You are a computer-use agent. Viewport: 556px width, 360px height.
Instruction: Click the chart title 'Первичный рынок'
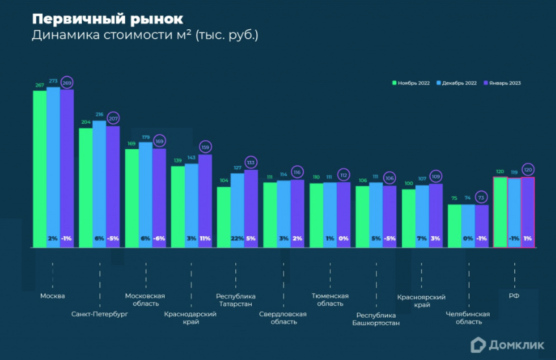(108, 18)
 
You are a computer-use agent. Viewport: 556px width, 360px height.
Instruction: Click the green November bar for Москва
(40, 169)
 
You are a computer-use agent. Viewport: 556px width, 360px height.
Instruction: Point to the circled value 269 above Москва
(67, 83)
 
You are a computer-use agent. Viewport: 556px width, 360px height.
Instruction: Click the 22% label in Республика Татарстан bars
(237, 239)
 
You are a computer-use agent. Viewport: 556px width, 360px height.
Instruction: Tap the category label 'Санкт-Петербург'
(99, 314)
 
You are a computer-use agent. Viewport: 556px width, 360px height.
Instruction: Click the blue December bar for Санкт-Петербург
(99, 182)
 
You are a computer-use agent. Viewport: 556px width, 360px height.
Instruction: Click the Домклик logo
(507, 346)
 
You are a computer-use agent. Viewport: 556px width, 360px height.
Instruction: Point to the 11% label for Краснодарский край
(205, 239)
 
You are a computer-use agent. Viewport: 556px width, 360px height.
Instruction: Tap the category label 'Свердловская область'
(283, 318)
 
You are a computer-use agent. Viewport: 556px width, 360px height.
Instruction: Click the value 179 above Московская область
(145, 137)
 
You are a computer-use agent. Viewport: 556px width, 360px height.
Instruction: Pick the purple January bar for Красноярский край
(435, 214)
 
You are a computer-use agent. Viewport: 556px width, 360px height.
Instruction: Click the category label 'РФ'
(514, 296)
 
